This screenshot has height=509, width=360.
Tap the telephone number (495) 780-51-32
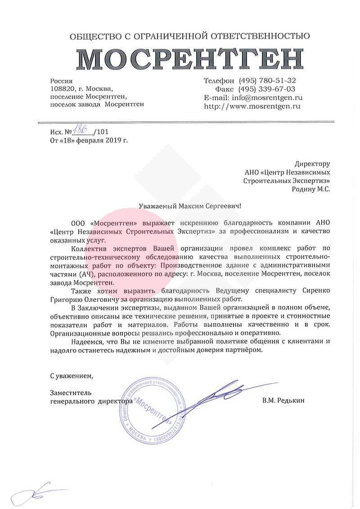(x=267, y=80)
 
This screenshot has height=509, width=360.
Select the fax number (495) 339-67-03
(x=267, y=89)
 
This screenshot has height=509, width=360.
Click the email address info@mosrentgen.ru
(x=266, y=98)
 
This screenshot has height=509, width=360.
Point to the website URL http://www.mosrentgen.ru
(x=252, y=107)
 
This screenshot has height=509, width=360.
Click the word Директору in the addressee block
(x=312, y=164)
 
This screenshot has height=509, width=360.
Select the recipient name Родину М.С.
(x=311, y=189)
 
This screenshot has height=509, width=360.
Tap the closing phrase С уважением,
(x=73, y=375)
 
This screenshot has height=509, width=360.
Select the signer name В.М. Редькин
(x=283, y=400)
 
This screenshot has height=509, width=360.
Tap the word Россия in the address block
(x=61, y=80)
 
